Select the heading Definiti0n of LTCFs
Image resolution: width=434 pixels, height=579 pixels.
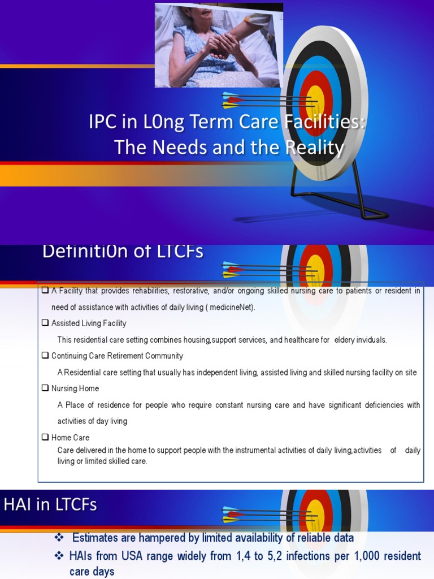(x=123, y=252)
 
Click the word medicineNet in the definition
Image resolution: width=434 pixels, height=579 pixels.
(x=232, y=308)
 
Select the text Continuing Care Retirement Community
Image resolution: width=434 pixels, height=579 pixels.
(x=117, y=356)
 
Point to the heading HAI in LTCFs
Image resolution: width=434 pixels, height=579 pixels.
(x=50, y=505)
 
